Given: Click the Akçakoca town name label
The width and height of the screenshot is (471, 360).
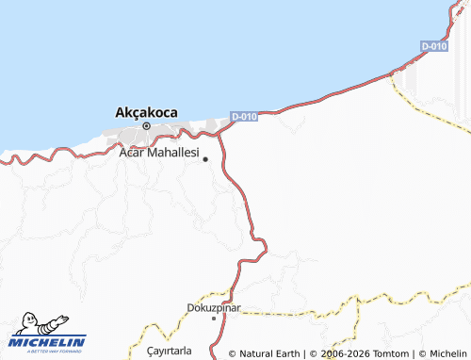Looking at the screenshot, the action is [x=146, y=112].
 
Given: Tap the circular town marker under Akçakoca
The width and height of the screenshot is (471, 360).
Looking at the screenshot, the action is [x=146, y=125].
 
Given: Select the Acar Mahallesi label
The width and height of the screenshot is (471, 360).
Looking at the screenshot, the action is [x=159, y=151].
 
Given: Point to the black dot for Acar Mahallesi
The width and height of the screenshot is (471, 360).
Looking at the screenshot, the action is [x=205, y=159].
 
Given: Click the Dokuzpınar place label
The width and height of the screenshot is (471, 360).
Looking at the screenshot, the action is [x=215, y=308].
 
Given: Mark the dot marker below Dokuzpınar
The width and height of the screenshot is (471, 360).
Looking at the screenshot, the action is [x=214, y=319].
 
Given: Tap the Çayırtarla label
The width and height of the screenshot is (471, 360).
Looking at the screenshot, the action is [x=170, y=351].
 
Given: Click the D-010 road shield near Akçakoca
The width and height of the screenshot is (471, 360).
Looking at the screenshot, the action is [x=244, y=117].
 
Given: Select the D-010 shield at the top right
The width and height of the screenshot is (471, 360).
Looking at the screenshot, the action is [x=433, y=46].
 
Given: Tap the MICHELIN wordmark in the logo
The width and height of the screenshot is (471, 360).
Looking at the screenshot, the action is [x=48, y=341].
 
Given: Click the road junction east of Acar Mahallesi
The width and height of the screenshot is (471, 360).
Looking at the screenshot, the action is [x=222, y=133].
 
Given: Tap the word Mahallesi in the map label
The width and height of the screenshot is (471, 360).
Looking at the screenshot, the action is [x=173, y=151].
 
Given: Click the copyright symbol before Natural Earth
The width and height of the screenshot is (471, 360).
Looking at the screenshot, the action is [x=232, y=353].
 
